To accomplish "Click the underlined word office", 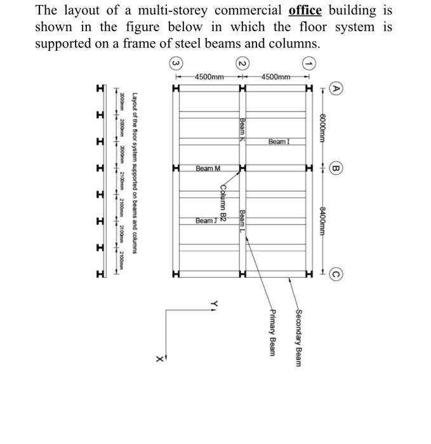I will [x=305, y=11].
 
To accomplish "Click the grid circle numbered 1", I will [x=309, y=63].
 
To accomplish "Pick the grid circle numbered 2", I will [x=242, y=63].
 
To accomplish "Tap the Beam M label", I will [x=208, y=169].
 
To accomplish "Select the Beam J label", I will [x=207, y=221].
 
